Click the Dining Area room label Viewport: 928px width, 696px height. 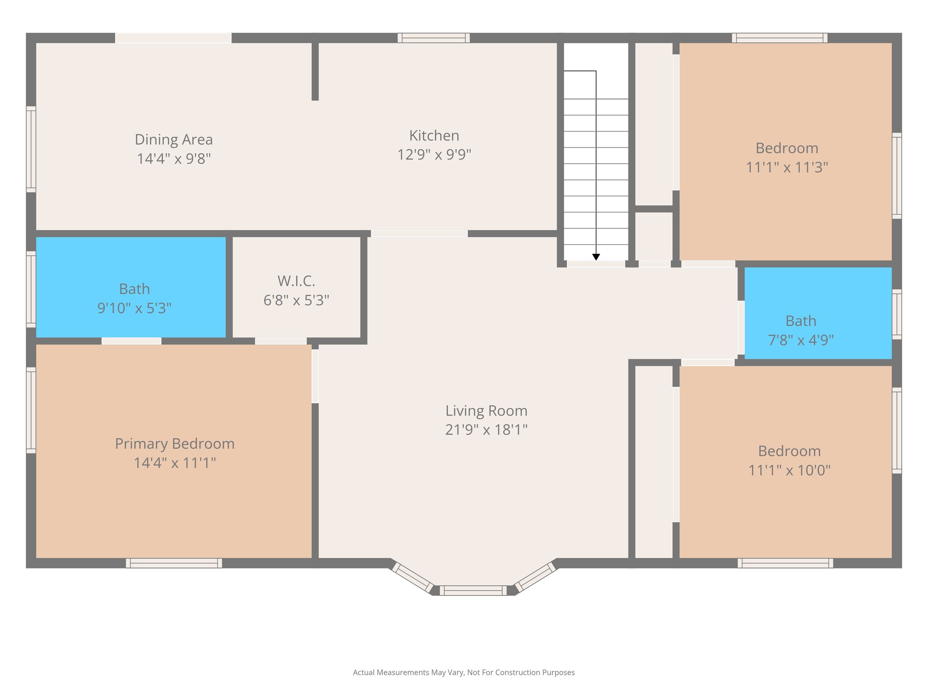(x=174, y=140)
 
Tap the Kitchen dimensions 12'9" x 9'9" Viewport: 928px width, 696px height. (x=434, y=155)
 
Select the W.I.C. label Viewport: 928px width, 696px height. (x=296, y=281)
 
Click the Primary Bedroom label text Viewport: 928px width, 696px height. (x=174, y=444)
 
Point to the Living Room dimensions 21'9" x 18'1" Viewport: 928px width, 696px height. (x=486, y=430)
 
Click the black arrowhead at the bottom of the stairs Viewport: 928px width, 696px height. (x=596, y=257)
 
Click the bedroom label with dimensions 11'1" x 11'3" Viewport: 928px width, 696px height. (x=787, y=148)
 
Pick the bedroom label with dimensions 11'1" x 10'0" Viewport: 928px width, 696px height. (x=789, y=451)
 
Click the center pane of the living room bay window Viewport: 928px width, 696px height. (x=473, y=590)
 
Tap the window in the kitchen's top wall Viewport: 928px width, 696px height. (x=434, y=38)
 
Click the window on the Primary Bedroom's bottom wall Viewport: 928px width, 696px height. (x=174, y=563)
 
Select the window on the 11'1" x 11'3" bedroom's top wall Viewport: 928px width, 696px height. (x=779, y=38)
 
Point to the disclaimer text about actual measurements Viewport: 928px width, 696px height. (x=464, y=672)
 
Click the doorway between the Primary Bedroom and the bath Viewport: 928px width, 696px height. (x=131, y=341)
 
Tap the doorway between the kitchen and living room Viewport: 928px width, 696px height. (x=419, y=234)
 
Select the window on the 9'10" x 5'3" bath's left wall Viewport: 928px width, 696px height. (x=31, y=289)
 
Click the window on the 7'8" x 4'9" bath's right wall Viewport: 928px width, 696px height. (x=897, y=314)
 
